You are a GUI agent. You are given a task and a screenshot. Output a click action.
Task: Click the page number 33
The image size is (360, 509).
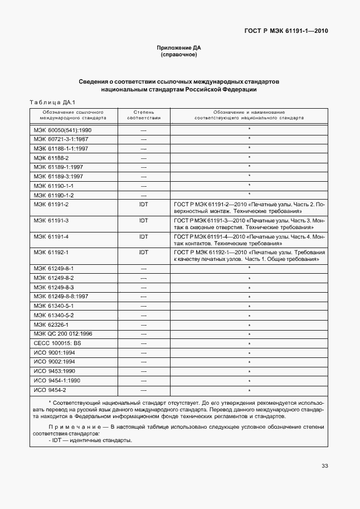(x=324, y=466)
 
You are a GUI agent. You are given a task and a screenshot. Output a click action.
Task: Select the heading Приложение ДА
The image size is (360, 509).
(x=179, y=48)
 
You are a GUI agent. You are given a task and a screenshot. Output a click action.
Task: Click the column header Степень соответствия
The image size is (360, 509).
(x=144, y=115)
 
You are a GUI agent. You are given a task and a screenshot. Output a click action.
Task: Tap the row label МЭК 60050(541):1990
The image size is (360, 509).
(x=62, y=129)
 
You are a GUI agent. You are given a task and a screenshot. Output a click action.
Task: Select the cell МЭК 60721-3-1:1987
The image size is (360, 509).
(x=61, y=139)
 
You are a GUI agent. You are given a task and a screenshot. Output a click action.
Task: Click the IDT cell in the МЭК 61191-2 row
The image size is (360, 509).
(x=144, y=205)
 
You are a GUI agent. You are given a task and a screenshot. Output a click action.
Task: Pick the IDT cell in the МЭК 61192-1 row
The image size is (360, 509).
(x=144, y=253)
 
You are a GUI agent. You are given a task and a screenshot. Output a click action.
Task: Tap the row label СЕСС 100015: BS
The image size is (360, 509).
(x=57, y=343)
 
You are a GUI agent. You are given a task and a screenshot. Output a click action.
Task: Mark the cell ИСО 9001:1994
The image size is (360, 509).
(x=54, y=352)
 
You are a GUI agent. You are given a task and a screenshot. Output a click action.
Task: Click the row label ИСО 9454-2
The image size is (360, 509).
(x=50, y=390)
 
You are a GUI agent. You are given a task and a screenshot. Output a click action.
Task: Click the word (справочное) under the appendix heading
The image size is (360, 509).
(x=179, y=55)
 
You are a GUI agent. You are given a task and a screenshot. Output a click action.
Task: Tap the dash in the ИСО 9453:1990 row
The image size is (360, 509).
(x=144, y=371)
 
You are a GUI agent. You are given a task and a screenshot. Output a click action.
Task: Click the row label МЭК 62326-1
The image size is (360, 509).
(x=51, y=324)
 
